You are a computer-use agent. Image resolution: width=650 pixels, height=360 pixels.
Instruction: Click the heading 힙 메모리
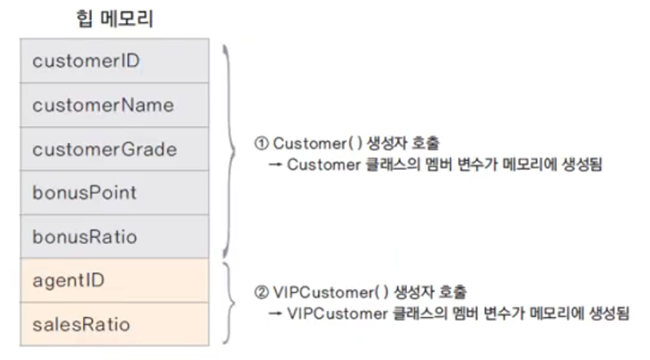click(113, 19)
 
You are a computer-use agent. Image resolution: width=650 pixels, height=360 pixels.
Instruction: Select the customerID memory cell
click(114, 60)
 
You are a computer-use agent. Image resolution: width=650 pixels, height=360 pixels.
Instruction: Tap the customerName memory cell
click(114, 105)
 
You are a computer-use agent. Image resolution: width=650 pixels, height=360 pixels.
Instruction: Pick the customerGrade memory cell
click(114, 149)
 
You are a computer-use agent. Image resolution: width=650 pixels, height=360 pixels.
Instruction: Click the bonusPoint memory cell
click(114, 192)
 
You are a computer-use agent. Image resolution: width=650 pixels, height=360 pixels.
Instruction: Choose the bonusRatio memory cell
click(114, 236)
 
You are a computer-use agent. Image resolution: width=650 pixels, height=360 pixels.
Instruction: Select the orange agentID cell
click(114, 280)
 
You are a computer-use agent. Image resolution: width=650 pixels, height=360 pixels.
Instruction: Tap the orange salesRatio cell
click(114, 323)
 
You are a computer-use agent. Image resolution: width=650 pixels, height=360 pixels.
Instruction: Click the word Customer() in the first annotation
click(314, 144)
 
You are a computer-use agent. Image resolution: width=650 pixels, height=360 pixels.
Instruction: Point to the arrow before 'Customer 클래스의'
click(276, 165)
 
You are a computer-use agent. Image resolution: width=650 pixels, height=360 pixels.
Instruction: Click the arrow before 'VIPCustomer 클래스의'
click(276, 313)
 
